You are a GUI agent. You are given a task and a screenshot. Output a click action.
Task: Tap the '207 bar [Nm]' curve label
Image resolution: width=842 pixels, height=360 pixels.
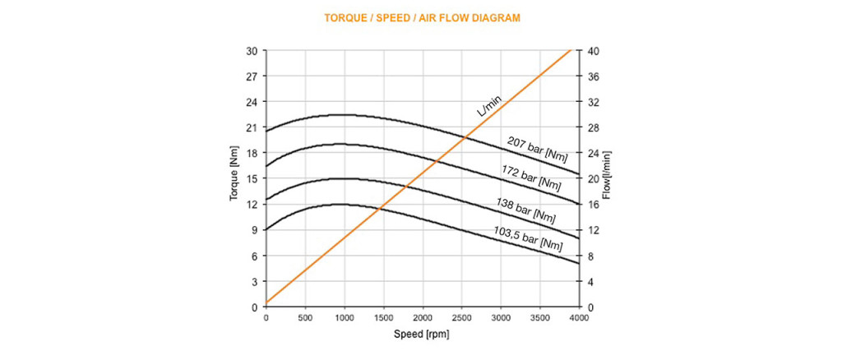(537, 149)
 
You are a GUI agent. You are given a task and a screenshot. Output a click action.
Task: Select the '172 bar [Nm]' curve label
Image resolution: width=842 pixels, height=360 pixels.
(532, 178)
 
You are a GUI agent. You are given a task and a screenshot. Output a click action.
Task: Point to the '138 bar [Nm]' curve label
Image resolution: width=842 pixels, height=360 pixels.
(525, 211)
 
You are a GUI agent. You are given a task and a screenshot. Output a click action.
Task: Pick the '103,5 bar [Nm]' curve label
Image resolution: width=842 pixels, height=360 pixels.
(530, 240)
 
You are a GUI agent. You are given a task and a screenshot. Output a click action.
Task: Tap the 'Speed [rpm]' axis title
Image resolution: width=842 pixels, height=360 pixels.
(422, 335)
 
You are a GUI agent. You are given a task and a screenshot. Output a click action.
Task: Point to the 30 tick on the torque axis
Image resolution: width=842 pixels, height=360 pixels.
(252, 51)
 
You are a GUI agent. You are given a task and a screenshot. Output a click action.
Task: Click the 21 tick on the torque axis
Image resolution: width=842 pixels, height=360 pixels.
(252, 127)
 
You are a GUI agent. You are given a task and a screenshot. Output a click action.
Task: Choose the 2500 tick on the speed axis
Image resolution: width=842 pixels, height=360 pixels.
(461, 317)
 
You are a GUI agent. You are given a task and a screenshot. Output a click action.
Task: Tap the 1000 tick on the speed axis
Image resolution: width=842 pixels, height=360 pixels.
(344, 317)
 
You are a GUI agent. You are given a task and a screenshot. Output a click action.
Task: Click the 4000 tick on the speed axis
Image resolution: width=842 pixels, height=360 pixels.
(579, 317)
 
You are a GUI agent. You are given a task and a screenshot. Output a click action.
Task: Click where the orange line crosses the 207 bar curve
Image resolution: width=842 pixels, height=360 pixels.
(466, 137)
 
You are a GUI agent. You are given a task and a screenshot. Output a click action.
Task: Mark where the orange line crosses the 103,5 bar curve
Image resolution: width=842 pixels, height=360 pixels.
(379, 209)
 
